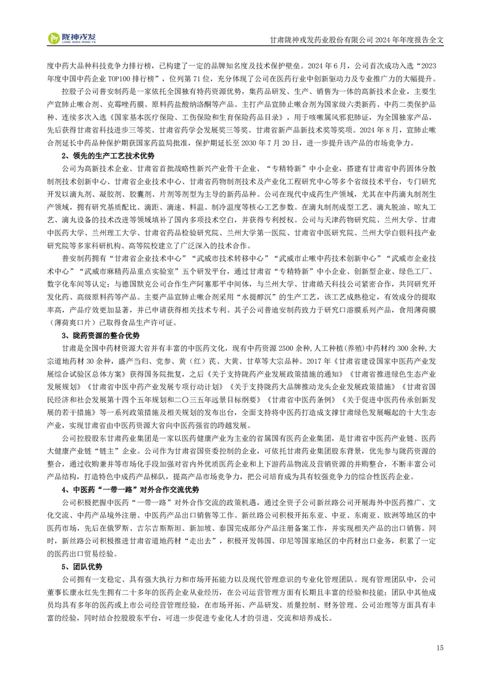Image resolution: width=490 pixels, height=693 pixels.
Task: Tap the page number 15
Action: point(439,647)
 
